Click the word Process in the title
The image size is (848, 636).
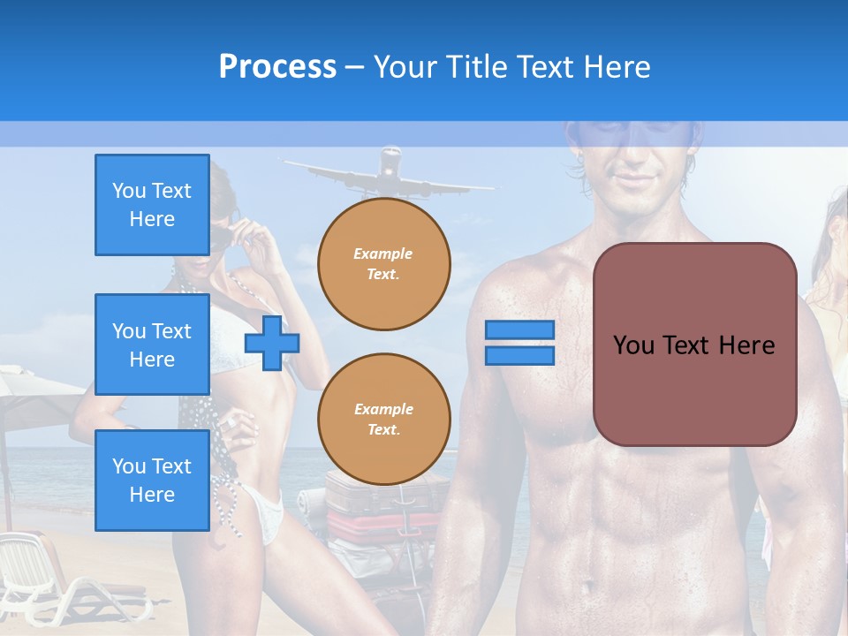277,67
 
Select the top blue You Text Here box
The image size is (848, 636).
152,205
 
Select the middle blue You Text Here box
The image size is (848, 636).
152,344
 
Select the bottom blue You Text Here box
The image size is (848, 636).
152,481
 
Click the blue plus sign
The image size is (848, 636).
272,343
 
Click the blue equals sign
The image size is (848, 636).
519,343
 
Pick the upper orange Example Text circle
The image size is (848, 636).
383,264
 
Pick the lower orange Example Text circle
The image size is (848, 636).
383,419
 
